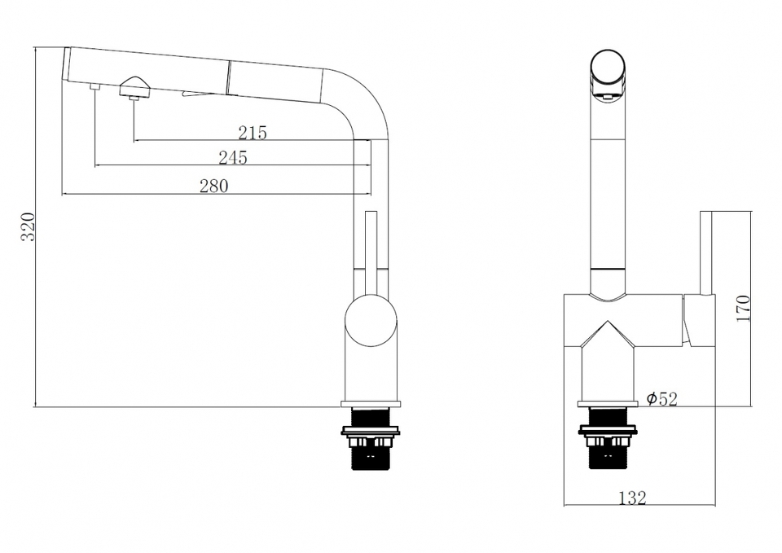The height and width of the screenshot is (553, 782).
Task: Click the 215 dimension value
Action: coord(253,133)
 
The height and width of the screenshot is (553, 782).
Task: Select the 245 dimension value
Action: coord(233,157)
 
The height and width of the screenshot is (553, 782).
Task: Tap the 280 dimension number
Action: coord(214,186)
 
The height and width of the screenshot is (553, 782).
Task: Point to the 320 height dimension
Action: coord(28,227)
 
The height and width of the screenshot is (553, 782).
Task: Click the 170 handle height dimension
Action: coord(743,308)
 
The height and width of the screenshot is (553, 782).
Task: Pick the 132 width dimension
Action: coord(632,498)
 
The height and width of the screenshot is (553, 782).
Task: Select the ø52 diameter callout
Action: coord(661,398)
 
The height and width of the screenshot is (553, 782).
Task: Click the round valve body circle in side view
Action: coord(371,321)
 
